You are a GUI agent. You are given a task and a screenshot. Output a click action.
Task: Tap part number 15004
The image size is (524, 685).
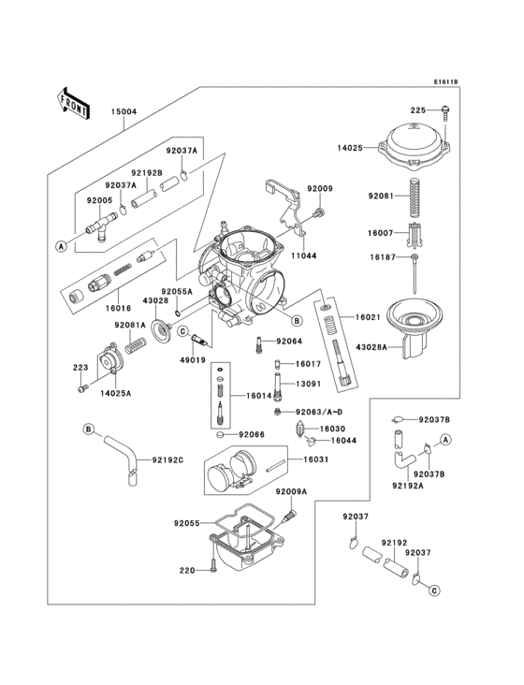coord(124,111)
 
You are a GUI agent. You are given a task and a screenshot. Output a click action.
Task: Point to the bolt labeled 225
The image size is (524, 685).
coord(444,111)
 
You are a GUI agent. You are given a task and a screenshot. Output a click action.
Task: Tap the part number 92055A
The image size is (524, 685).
coord(175,291)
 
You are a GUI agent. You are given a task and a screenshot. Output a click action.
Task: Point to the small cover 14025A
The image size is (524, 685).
coord(117,357)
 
